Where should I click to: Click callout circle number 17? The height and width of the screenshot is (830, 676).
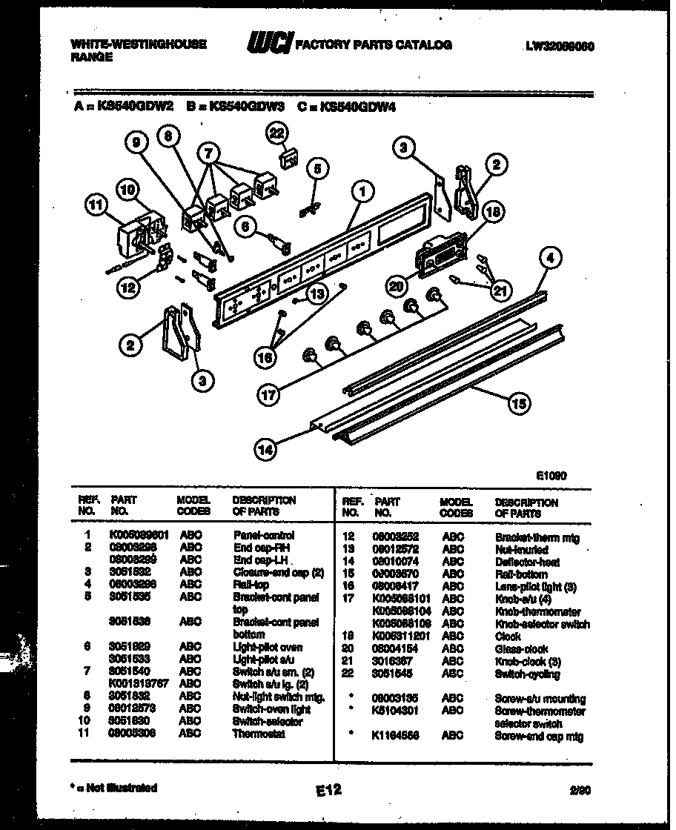(x=268, y=394)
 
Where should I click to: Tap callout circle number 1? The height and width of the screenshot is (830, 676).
(x=363, y=192)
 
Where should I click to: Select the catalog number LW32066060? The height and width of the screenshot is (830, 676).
(x=560, y=45)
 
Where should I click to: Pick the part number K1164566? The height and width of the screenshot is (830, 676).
(x=396, y=737)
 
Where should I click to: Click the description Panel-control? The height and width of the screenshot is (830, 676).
(x=264, y=535)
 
